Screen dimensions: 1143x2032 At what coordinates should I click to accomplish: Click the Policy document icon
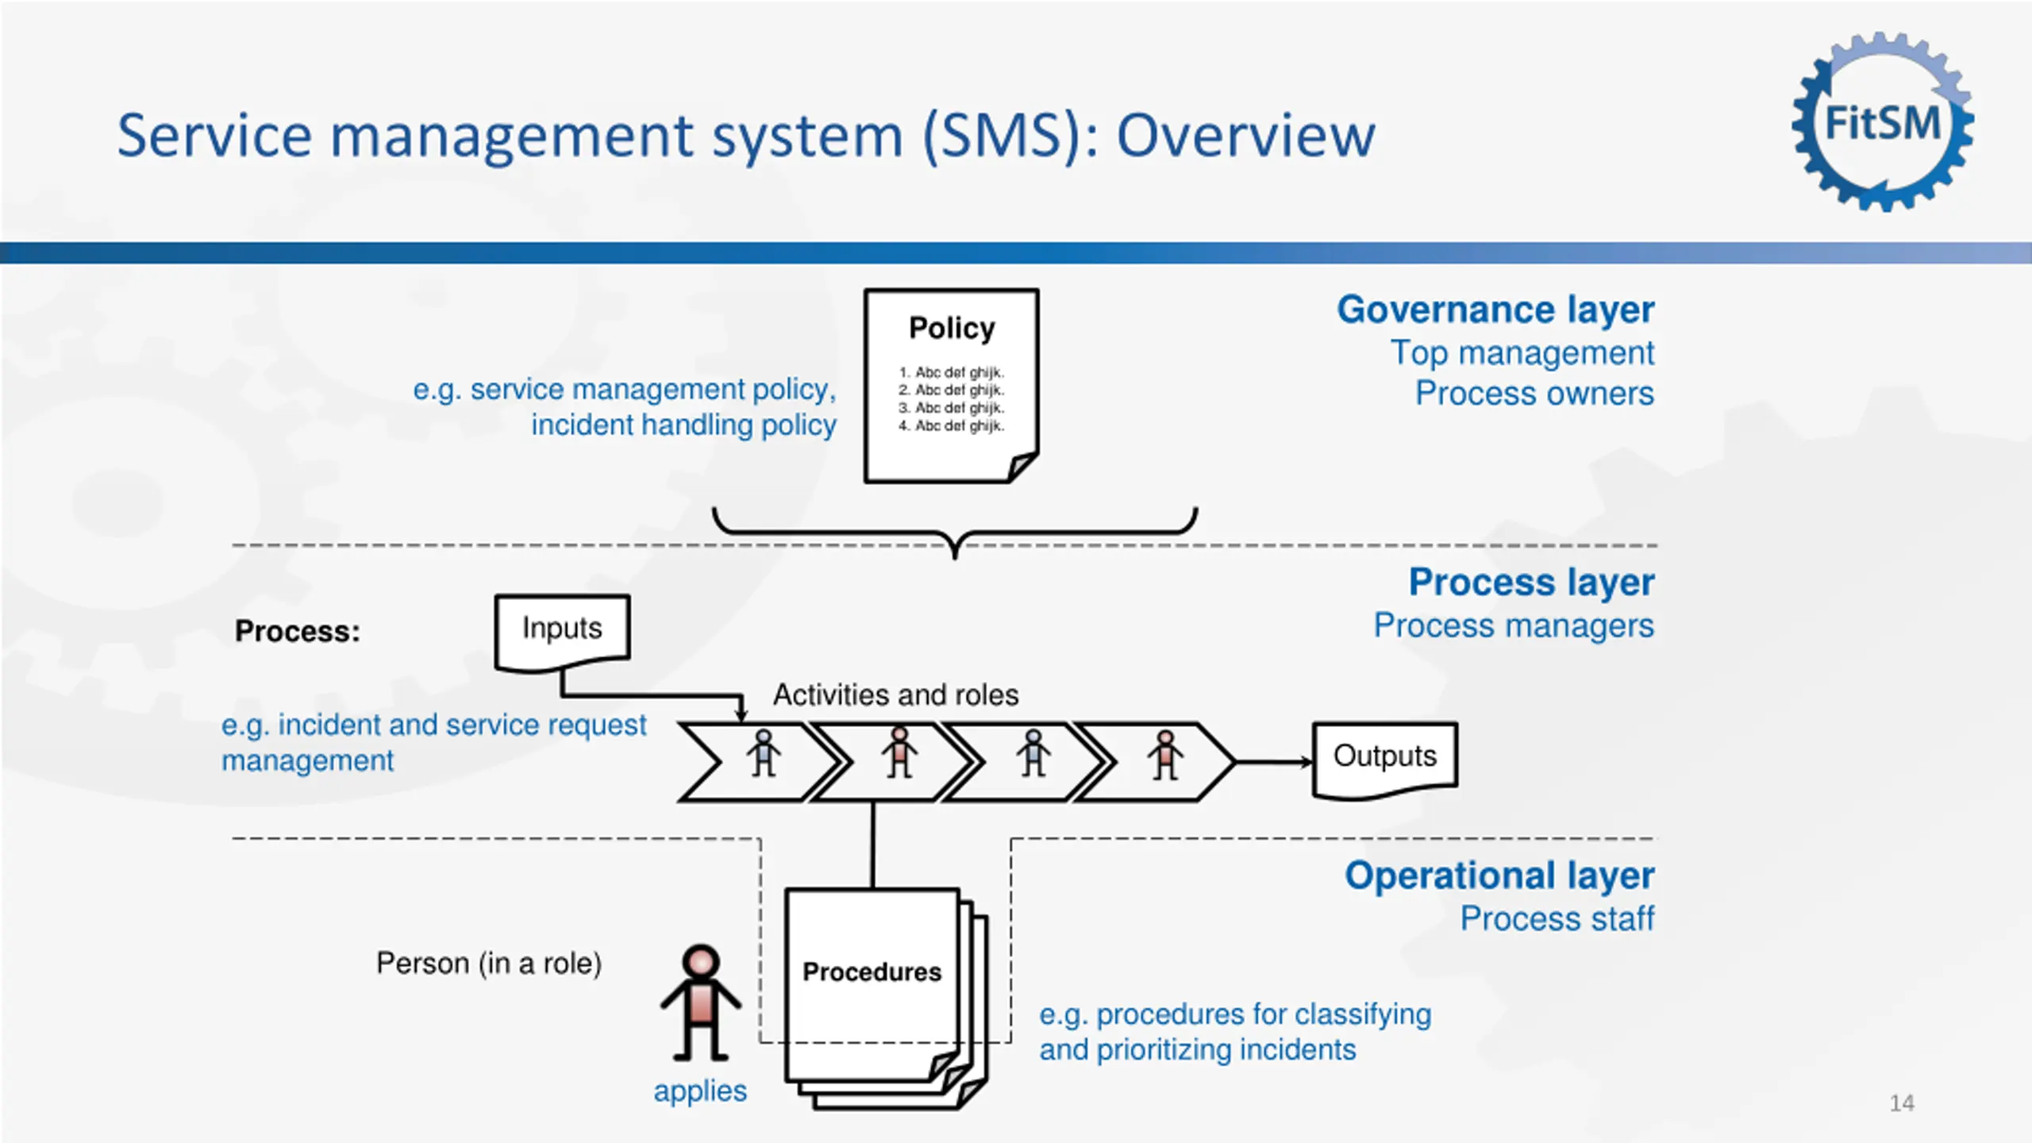(951, 386)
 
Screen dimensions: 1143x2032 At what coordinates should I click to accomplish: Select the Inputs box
(562, 629)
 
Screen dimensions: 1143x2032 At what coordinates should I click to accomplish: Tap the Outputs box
(1384, 757)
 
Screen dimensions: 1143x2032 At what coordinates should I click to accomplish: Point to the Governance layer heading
(1495, 310)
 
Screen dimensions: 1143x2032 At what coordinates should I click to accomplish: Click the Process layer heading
(1531, 582)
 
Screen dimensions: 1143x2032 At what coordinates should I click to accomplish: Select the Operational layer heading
(1499, 876)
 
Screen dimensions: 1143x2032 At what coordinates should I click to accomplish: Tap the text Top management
(1522, 353)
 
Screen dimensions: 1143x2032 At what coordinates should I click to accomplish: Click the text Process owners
(1534, 394)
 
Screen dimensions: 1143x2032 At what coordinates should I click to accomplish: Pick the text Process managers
(1514, 625)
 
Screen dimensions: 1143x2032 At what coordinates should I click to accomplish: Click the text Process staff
(1557, 919)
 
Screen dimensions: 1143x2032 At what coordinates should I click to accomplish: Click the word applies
(700, 1091)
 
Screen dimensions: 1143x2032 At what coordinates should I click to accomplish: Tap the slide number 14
(1902, 1103)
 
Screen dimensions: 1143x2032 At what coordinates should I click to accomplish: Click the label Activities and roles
(895, 695)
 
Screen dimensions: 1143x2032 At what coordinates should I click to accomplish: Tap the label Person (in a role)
(489, 964)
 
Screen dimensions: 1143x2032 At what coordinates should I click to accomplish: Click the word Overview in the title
(1245, 136)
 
